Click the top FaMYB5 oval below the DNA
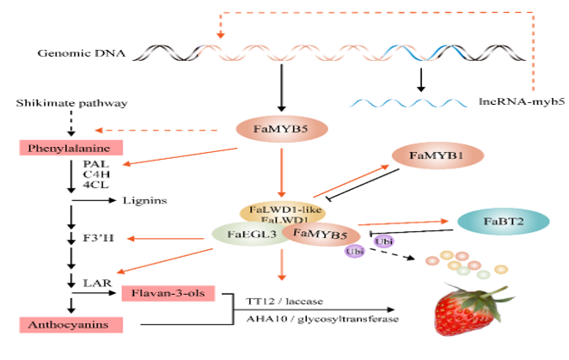pyautogui.click(x=278, y=131)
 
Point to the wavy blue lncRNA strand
pyautogui.click(x=403, y=102)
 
